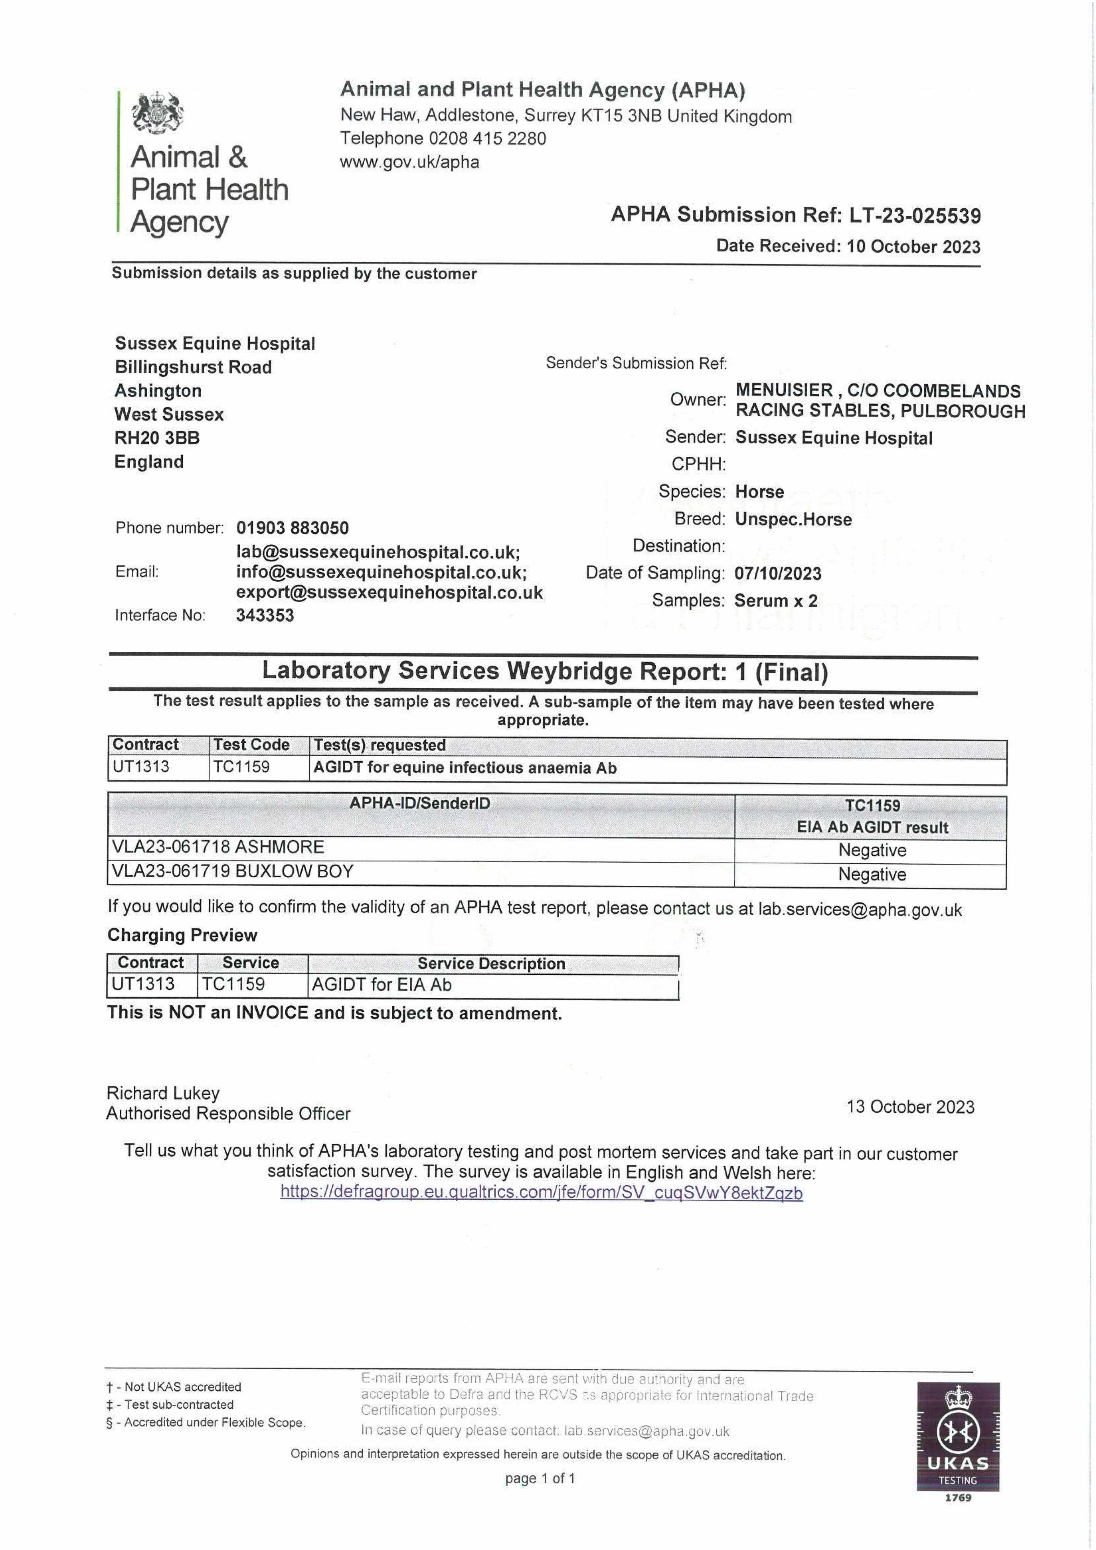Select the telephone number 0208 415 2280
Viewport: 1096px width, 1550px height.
(x=487, y=139)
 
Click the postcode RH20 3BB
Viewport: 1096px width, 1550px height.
(x=157, y=438)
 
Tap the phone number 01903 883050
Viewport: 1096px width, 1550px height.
(x=292, y=528)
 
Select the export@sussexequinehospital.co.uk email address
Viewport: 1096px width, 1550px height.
(x=389, y=593)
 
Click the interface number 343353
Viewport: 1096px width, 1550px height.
(x=265, y=615)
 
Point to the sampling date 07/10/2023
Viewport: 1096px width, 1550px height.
(x=778, y=574)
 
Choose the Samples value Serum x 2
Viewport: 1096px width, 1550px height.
(x=776, y=601)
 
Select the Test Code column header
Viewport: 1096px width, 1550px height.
(x=251, y=745)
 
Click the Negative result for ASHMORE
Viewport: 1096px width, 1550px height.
(x=872, y=850)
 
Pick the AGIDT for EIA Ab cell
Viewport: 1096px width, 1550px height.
(x=382, y=985)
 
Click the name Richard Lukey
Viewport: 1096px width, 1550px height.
(x=163, y=1093)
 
